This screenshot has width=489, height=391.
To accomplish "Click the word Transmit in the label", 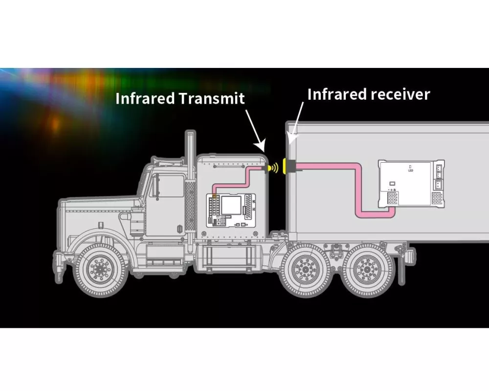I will coord(212,98).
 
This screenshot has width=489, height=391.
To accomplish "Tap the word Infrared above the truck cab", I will coord(145,98).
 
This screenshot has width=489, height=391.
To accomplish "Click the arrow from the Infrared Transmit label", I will coord(255,128).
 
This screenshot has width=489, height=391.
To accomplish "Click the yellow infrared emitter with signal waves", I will coord(271,168).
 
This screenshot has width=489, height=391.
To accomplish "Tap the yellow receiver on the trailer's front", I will coord(288,166).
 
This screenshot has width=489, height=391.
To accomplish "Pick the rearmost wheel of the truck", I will coord(365,268).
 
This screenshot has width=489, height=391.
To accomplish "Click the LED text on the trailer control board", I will coord(410,170).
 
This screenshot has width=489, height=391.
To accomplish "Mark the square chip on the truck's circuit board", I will coord(230,205).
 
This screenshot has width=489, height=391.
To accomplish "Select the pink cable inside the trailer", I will coord(359,191).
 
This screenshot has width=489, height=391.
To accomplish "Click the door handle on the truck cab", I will coord(178,228).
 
